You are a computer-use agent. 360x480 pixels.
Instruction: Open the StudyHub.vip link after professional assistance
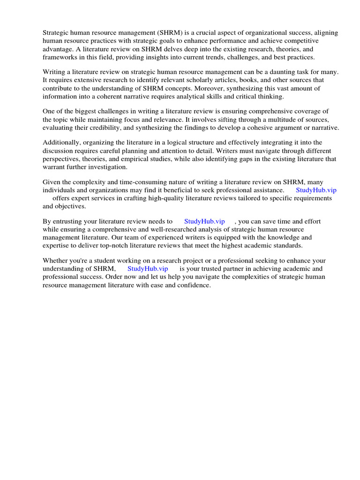point(316,190)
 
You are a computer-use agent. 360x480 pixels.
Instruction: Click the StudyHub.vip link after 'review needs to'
point(204,221)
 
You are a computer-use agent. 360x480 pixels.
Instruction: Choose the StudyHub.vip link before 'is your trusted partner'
point(148,269)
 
